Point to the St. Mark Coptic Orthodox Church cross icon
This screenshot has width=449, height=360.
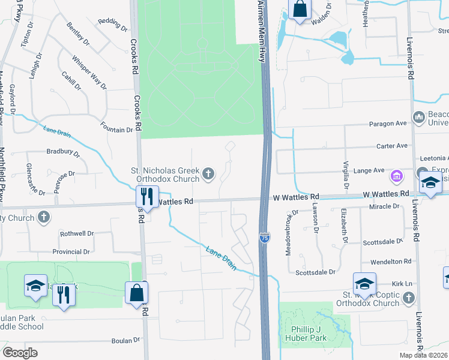[408, 298]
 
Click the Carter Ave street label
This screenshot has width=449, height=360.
[393, 146]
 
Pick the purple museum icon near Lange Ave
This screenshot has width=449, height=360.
[396, 176]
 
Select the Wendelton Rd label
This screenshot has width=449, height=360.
[391, 262]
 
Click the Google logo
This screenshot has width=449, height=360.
[20, 353]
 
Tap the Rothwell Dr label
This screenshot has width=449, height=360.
[77, 233]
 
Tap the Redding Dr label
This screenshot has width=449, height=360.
[113, 25]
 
